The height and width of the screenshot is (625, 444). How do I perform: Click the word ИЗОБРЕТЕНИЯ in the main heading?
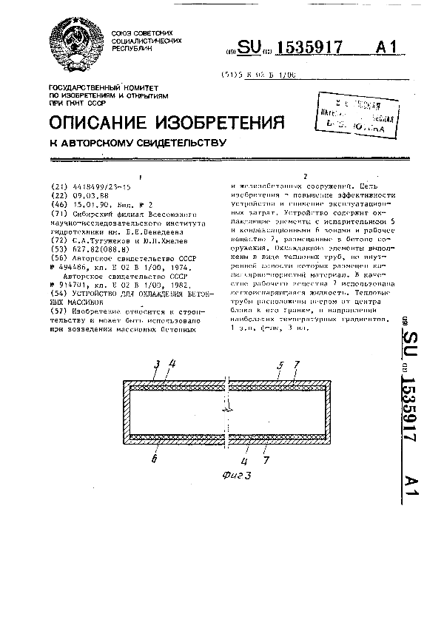(x=222, y=121)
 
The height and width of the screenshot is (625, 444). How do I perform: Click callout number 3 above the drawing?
(x=156, y=363)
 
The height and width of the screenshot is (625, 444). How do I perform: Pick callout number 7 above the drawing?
(x=296, y=363)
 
